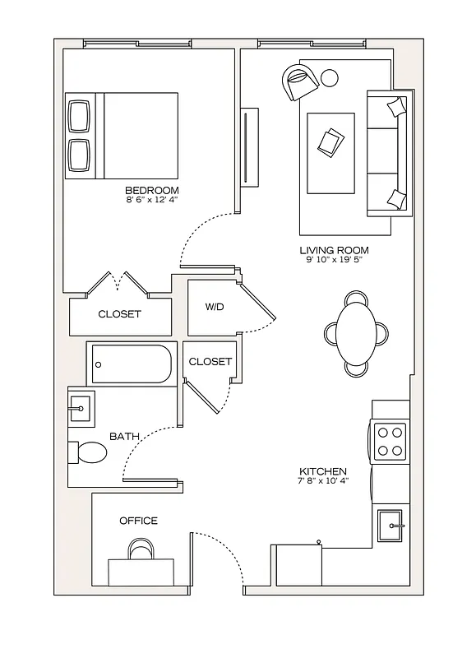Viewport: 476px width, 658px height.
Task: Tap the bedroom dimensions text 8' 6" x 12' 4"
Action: (152, 200)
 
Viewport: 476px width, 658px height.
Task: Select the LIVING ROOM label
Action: (334, 251)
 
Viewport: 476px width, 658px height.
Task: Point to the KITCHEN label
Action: (322, 471)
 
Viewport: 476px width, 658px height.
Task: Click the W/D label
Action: (214, 307)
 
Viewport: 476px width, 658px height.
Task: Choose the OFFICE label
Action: (138, 521)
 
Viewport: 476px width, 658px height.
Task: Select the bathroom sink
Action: (81, 406)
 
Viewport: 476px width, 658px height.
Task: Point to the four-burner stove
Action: (391, 441)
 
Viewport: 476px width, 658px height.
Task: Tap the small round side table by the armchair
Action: (329, 79)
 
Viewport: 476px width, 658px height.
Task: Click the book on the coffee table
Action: (331, 141)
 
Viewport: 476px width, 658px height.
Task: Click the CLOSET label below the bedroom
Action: (120, 314)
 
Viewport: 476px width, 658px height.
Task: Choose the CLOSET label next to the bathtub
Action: (210, 362)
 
